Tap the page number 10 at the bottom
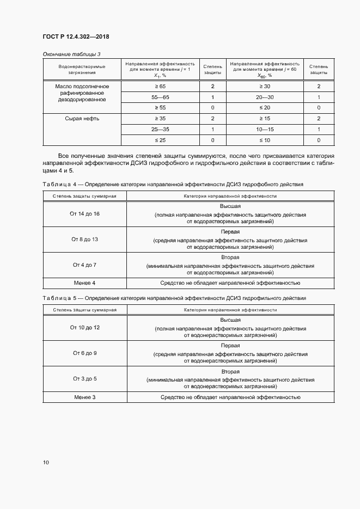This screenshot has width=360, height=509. click(46, 462)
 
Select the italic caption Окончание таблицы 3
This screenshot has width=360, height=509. click(71, 53)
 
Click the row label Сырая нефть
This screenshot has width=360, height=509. click(82, 118)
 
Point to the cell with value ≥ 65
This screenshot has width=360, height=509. click(160, 87)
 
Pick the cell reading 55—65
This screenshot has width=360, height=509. click(160, 97)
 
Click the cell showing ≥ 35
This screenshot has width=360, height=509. click(160, 118)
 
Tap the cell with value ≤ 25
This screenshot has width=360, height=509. click(160, 140)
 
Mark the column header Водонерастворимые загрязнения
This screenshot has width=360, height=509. click(82, 69)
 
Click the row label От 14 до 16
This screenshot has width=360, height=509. click(84, 214)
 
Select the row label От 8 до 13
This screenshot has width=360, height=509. click(84, 240)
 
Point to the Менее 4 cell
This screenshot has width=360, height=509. click(84, 283)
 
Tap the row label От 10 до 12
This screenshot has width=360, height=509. click(84, 328)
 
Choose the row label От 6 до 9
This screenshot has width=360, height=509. click(84, 353)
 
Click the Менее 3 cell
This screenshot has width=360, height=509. click(84, 397)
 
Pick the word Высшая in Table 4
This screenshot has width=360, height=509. click(230, 207)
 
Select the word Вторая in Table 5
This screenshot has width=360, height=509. click(230, 371)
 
